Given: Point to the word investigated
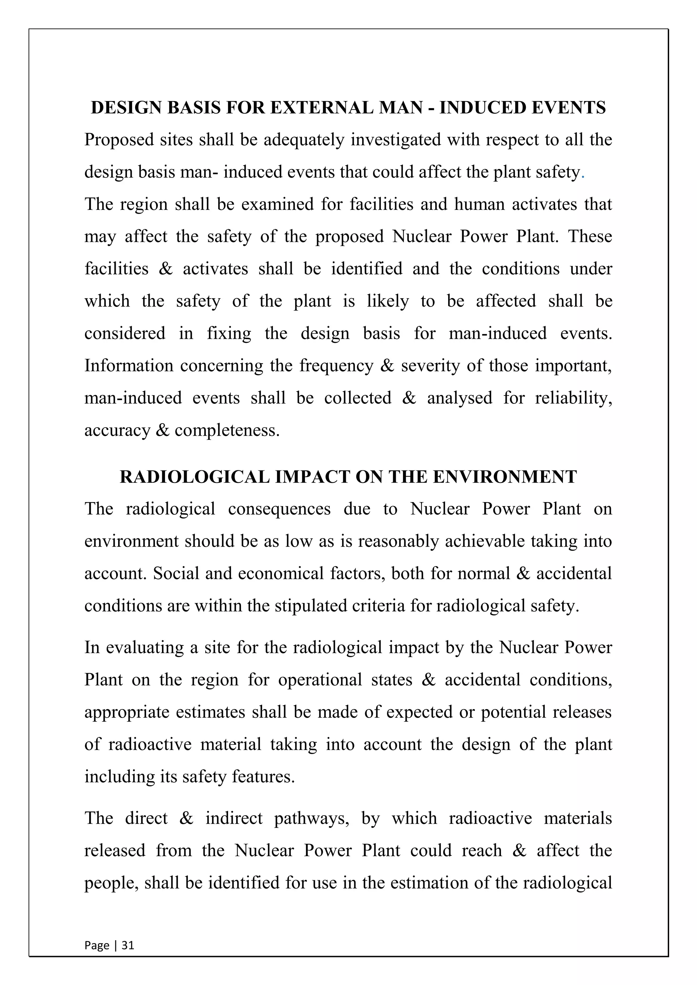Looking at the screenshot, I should [396, 140].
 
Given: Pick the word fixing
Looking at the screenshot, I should [229, 333].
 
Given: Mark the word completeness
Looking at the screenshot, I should [227, 430].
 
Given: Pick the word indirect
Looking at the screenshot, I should [233, 818].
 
